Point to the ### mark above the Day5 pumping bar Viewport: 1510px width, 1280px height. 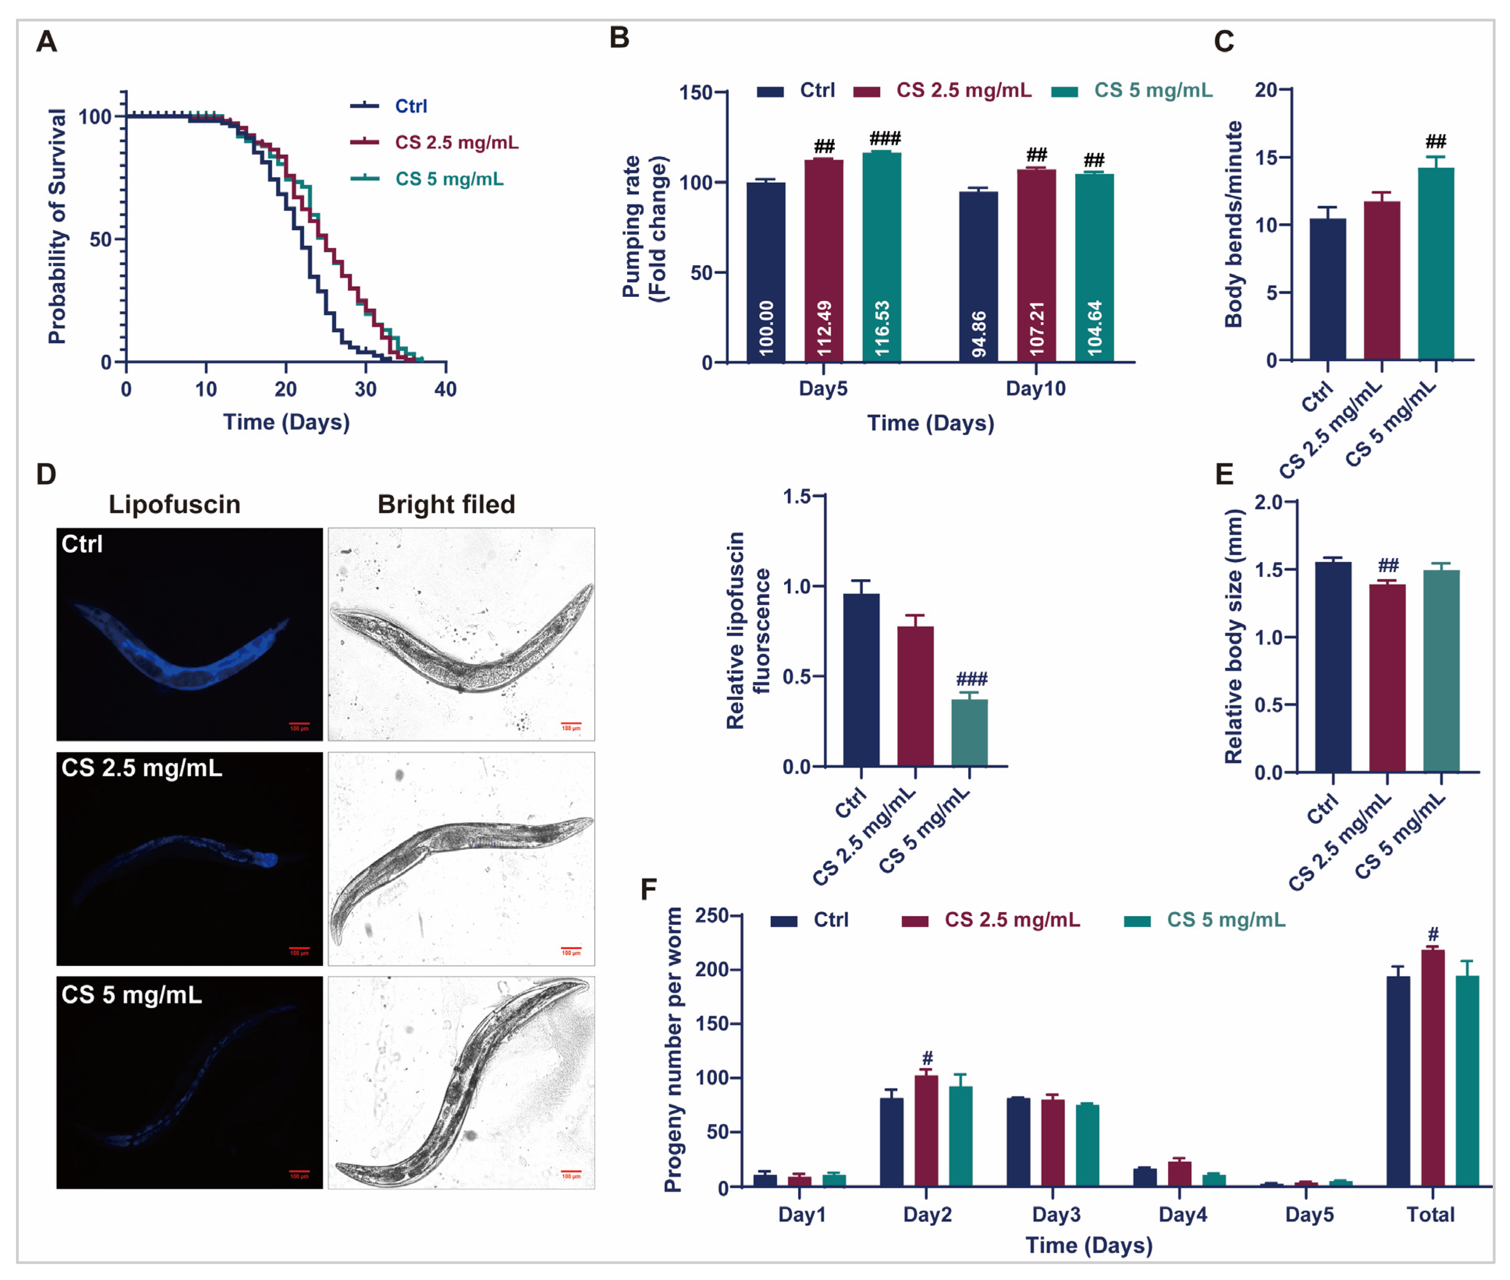pyautogui.click(x=885, y=138)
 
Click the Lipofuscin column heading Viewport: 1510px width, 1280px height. pyautogui.click(x=174, y=504)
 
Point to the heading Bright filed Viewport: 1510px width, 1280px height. pyautogui.click(x=446, y=504)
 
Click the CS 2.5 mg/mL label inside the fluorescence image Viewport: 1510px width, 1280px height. pyautogui.click(x=142, y=768)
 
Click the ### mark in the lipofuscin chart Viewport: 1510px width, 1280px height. pyautogui.click(x=971, y=679)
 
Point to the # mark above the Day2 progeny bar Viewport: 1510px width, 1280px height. pyautogui.click(x=926, y=1058)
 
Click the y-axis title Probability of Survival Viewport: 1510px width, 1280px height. pyautogui.click(x=57, y=226)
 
